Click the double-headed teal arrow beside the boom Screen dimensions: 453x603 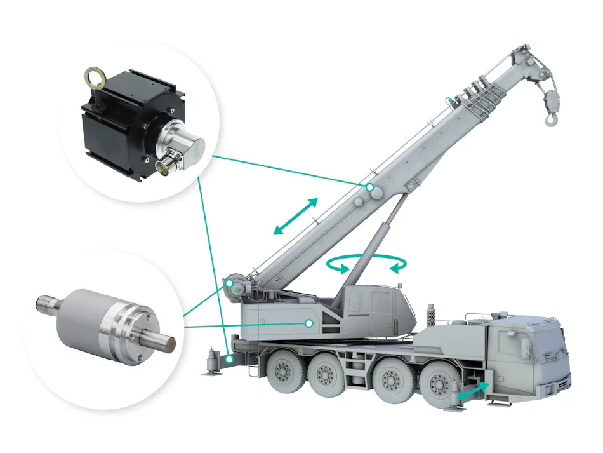pos(295,217)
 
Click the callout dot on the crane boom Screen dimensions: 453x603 pos(369,187)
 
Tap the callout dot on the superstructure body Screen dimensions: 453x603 pos(308,323)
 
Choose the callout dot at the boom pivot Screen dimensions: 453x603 pos(227,283)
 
